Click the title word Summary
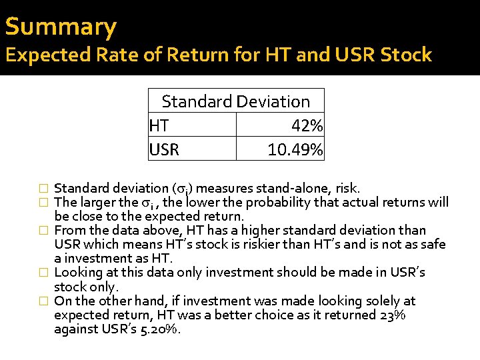[x=61, y=27]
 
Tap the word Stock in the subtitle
[x=407, y=55]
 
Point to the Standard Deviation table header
[x=235, y=101]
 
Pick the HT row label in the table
[x=159, y=125]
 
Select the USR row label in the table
[x=164, y=149]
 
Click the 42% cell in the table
[x=307, y=125]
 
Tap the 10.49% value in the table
[x=295, y=149]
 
